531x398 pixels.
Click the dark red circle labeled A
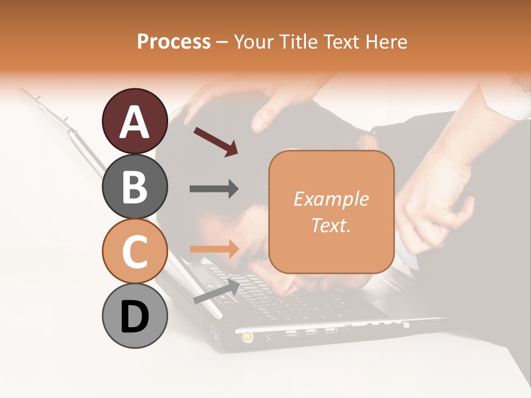click(134, 121)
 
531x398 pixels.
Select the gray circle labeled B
click(134, 186)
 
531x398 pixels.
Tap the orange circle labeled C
click(134, 251)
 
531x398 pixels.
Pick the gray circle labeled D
click(134, 316)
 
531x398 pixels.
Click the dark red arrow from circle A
click(216, 141)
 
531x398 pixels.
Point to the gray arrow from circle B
click(214, 189)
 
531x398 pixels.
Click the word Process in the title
click(174, 41)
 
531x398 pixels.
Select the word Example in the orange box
click(331, 199)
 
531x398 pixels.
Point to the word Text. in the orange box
click(331, 225)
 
